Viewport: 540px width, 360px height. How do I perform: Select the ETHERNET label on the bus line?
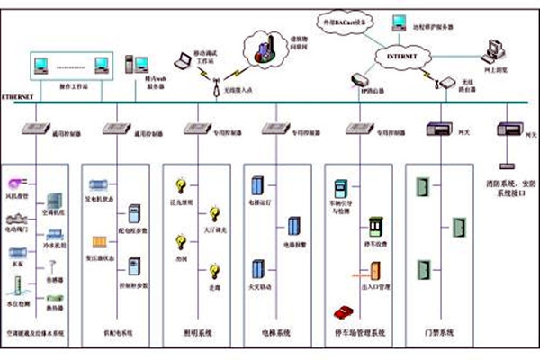(18, 95)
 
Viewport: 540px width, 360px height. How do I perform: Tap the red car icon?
(342, 311)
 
